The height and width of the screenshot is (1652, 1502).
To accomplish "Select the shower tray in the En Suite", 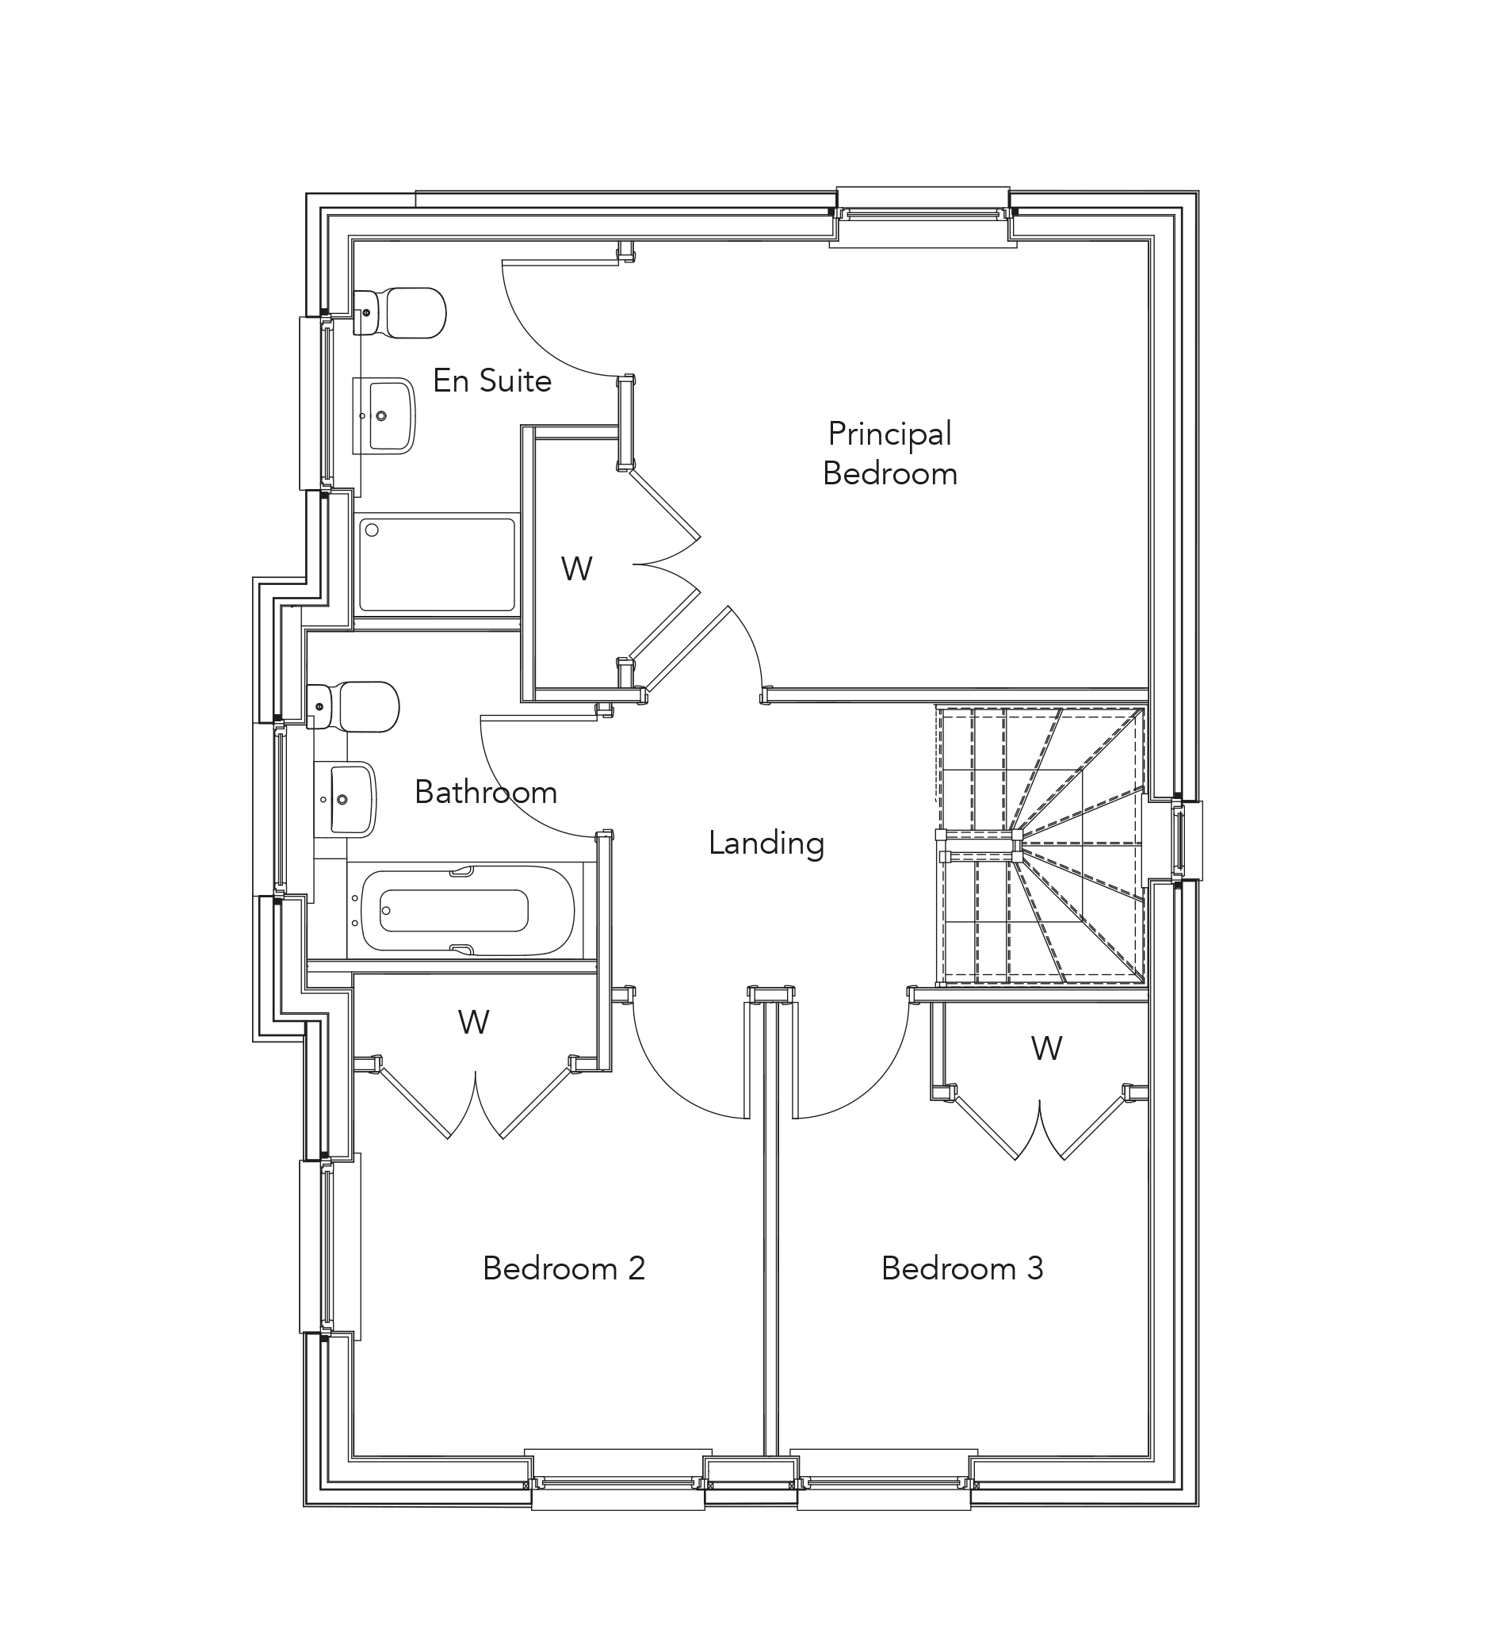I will pos(437,564).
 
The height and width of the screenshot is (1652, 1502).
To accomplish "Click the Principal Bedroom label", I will pos(889,453).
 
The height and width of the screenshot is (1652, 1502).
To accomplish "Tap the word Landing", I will pos(766,843).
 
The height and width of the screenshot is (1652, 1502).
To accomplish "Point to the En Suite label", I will pos(491,380).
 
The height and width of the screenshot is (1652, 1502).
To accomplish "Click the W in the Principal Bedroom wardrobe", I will pos(576,568).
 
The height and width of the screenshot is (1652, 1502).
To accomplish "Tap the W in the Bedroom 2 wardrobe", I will pos(473,1022).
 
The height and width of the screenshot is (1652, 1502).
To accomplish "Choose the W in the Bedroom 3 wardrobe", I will pos(1045,1048).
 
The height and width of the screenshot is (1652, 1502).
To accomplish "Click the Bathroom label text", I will pos(485,792).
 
